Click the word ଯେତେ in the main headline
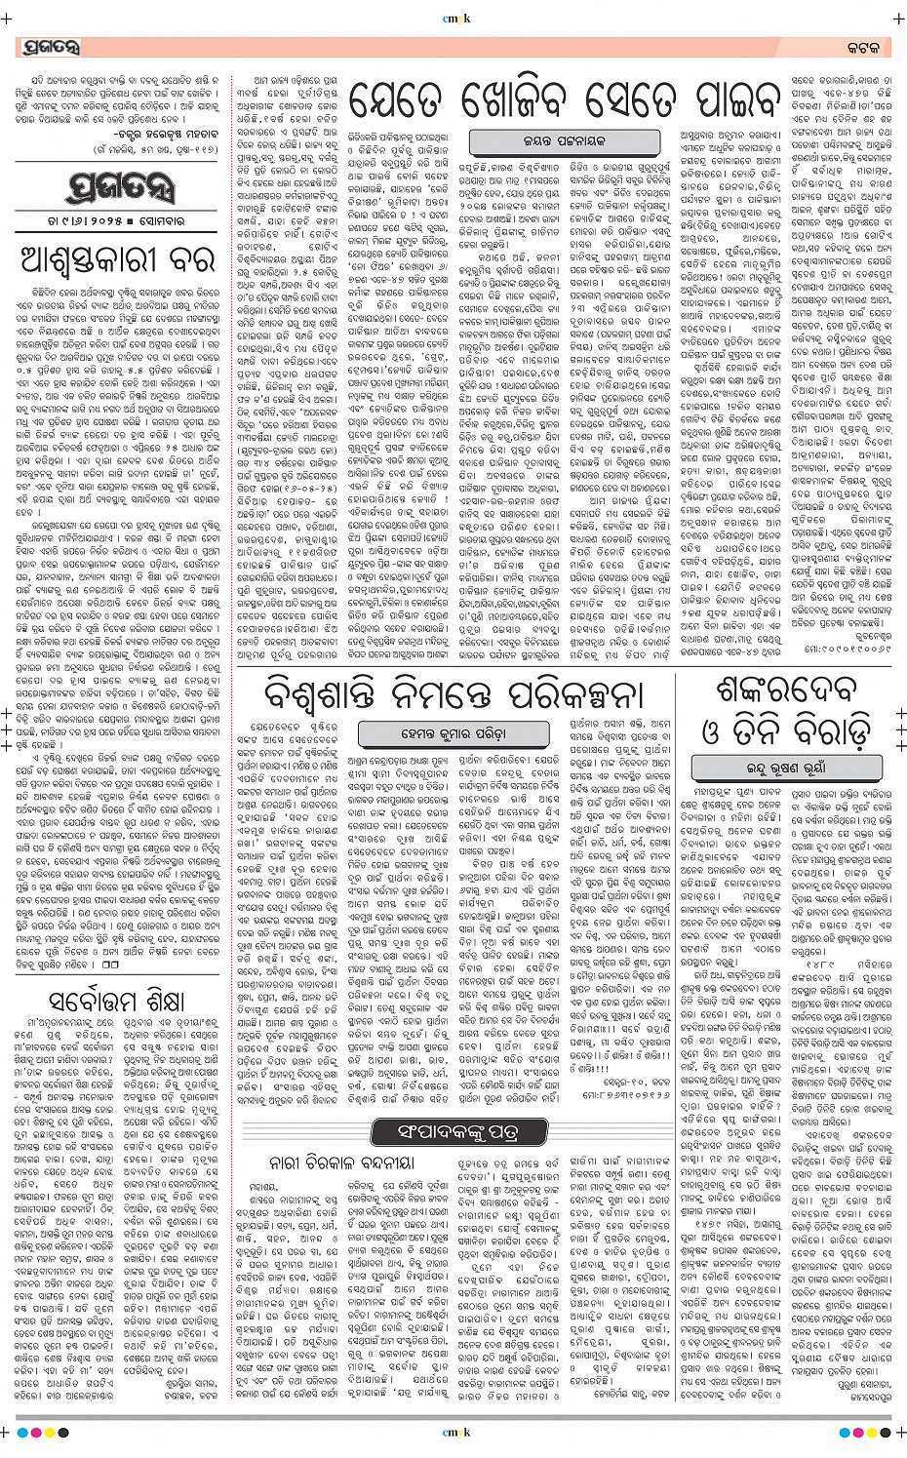click(407, 100)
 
